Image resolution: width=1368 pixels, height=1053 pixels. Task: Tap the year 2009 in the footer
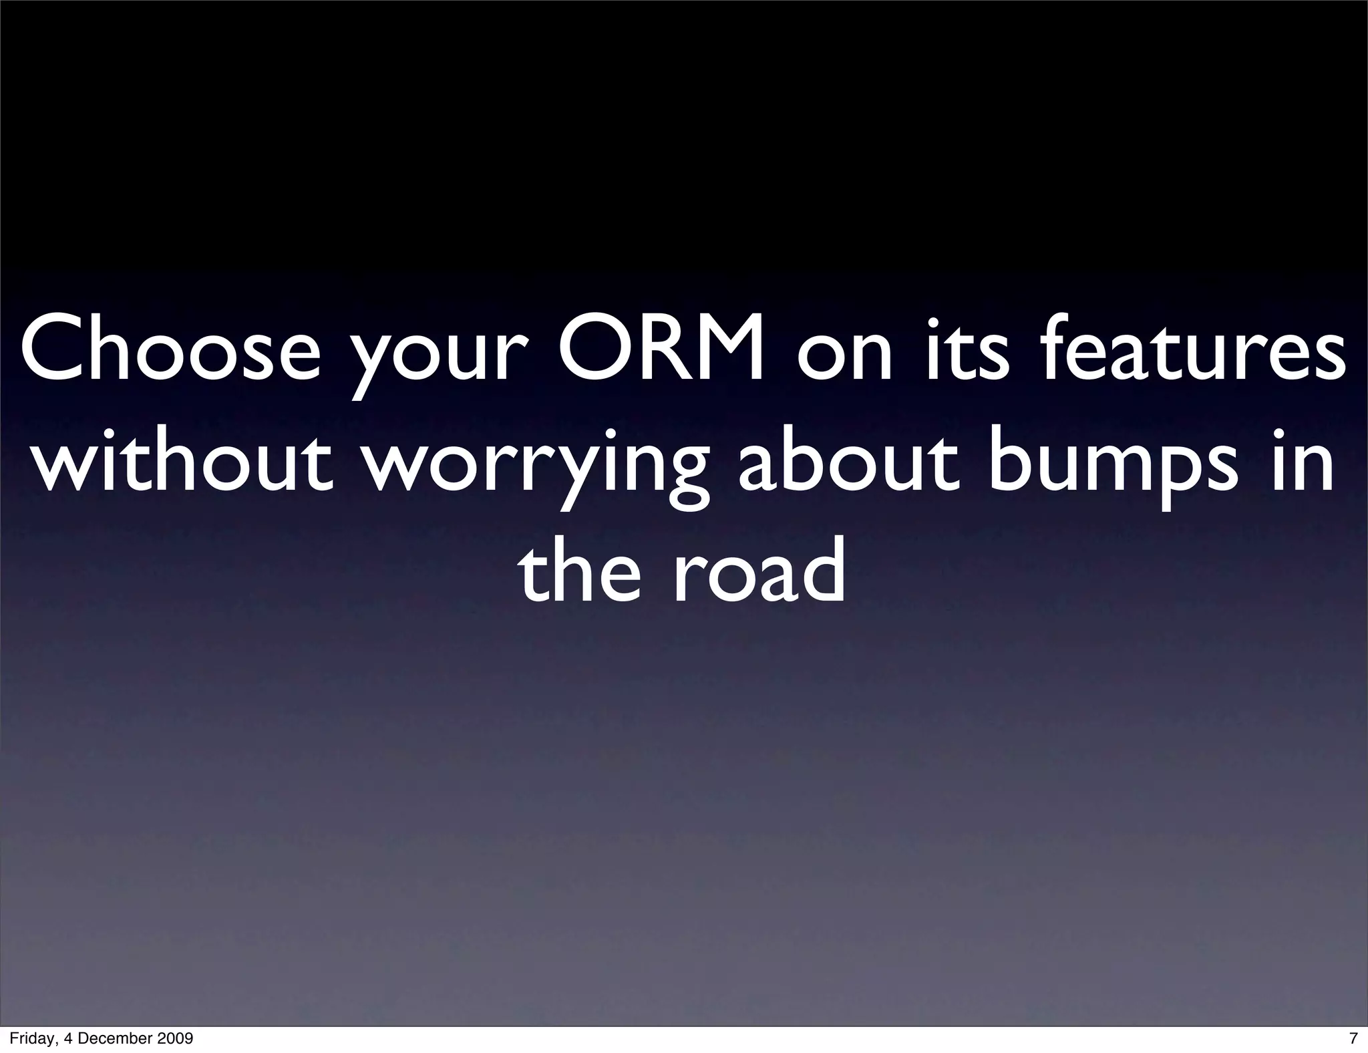pos(176,1038)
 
